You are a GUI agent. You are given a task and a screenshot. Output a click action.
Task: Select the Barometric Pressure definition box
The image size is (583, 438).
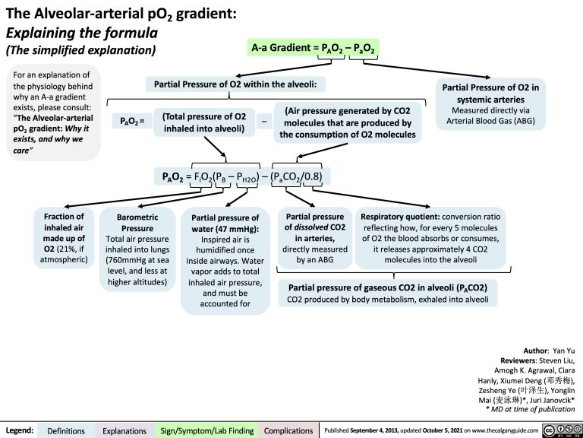137,249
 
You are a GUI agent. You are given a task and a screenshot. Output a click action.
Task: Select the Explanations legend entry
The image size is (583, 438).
125,431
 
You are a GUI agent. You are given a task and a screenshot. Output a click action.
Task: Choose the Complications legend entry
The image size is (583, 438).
288,431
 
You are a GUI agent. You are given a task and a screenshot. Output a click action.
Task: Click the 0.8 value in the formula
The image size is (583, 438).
313,177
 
